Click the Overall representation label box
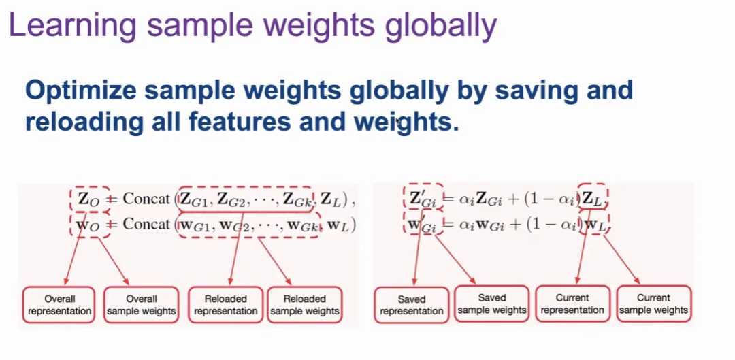(59, 305)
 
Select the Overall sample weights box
(141, 305)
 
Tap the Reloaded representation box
(225, 305)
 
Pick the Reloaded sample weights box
(305, 305)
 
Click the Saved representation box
(412, 305)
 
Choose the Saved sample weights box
(492, 304)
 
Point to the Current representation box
(572, 304)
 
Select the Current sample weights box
(653, 304)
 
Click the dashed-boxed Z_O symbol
(90, 199)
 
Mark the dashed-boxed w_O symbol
(90, 225)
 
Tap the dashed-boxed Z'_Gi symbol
(423, 197)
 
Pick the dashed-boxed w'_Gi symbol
(423, 223)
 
